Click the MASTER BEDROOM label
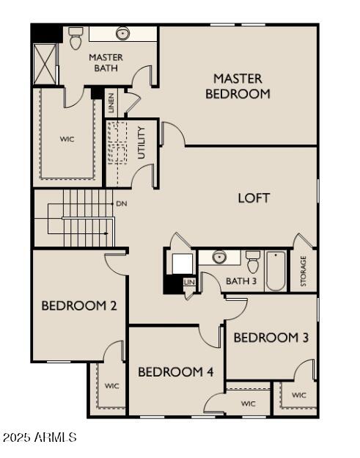click(238, 87)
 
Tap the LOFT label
click(254, 198)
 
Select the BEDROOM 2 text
click(79, 306)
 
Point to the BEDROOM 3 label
click(271, 338)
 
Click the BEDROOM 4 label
click(176, 372)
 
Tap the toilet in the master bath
click(76, 38)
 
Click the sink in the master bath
click(122, 34)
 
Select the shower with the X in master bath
click(45, 65)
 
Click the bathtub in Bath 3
click(276, 271)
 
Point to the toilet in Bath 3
click(253, 262)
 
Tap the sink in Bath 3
click(218, 258)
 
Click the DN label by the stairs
click(122, 203)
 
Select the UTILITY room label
click(142, 142)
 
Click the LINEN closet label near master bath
click(111, 103)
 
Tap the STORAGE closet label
click(304, 271)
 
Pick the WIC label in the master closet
click(67, 139)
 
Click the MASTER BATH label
click(106, 63)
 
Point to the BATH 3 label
click(241, 281)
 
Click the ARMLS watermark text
click(55, 437)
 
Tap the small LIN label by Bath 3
click(189, 282)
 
